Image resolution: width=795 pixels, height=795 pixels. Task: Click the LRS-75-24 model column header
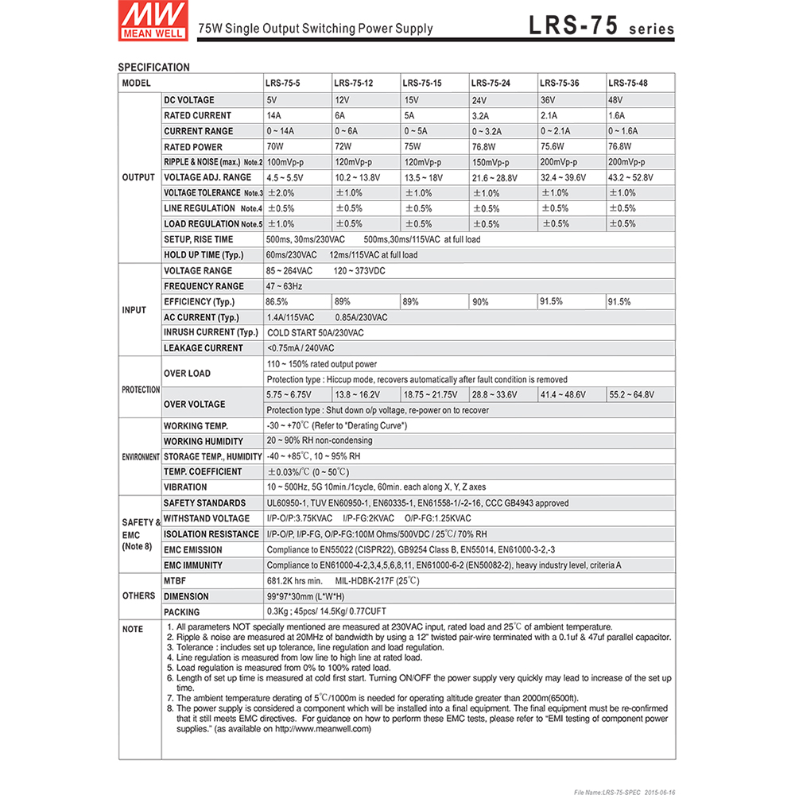[491, 83]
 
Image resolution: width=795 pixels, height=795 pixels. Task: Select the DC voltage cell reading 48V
[615, 101]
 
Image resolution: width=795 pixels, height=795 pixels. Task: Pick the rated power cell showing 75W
[412, 147]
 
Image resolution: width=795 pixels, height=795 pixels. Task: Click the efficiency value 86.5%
[277, 302]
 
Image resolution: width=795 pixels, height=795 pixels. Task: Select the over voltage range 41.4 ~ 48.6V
[563, 395]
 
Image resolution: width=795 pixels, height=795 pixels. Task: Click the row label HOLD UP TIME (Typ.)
[204, 255]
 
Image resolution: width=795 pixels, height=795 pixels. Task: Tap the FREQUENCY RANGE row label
[204, 286]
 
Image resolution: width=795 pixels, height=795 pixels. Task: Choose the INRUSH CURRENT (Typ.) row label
[211, 332]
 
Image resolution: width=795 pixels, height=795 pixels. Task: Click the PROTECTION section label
[140, 390]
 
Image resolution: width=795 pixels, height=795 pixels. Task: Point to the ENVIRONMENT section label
[140, 457]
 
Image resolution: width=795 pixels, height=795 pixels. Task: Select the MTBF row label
[175, 581]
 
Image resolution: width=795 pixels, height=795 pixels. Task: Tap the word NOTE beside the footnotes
[133, 630]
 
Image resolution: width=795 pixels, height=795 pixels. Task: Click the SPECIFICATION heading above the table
[153, 68]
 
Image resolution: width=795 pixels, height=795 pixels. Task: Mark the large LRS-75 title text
[572, 26]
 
